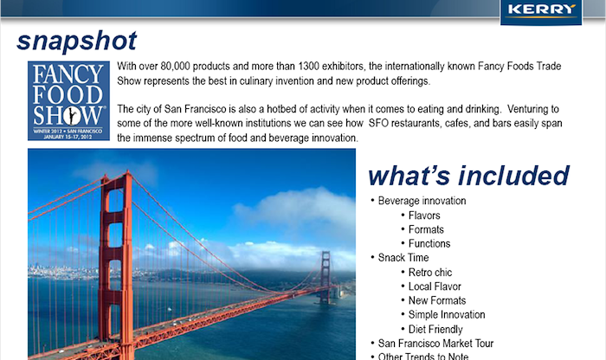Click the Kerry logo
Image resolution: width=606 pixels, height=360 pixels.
[541, 11]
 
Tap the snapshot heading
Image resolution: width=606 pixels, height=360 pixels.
[76, 41]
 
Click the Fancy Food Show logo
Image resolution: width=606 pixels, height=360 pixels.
[68, 100]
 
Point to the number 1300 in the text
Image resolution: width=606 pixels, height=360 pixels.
[308, 66]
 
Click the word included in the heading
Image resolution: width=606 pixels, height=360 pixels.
[513, 176]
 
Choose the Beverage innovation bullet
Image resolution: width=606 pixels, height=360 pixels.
[422, 201]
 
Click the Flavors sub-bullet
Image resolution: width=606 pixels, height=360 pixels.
[424, 215]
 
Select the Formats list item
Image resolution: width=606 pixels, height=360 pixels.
[426, 229]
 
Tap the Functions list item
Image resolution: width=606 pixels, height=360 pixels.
[429, 244]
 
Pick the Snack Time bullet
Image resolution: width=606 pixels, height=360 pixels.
[403, 258]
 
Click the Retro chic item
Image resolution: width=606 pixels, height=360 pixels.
[430, 273]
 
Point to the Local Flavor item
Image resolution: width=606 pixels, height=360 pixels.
[435, 286]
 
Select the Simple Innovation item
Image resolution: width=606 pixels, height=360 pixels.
[447, 315]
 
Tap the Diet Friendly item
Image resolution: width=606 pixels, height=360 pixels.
[435, 329]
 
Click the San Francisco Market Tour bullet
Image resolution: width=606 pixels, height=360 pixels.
[435, 344]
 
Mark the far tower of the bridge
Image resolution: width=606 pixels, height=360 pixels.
[326, 277]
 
